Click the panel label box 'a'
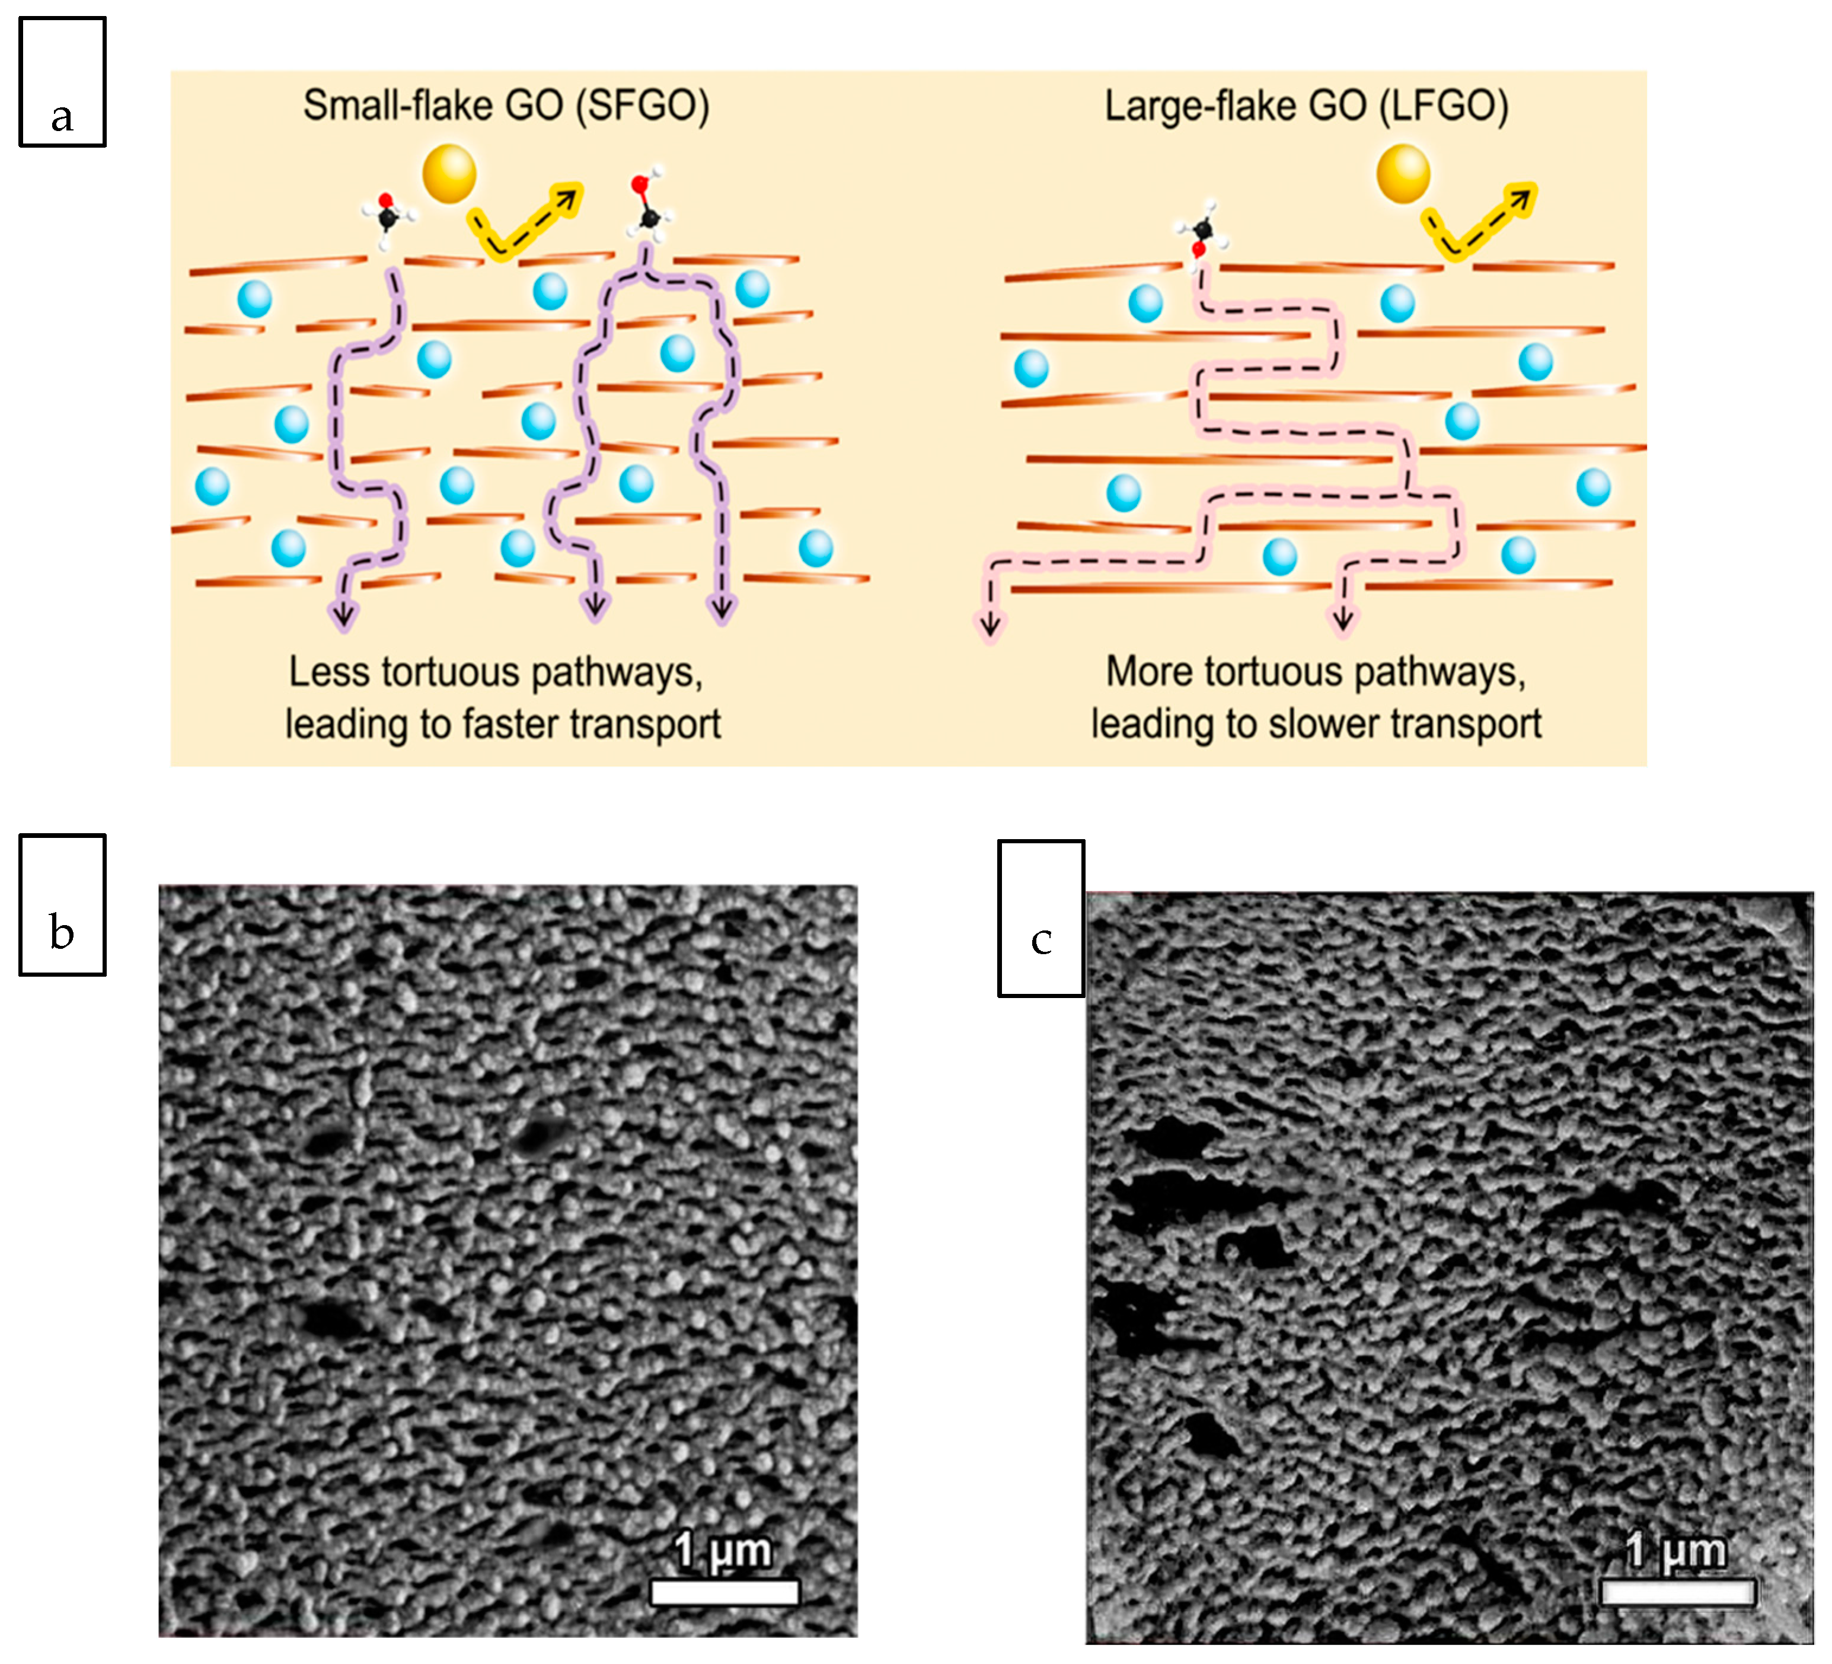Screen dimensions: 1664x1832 coord(62,82)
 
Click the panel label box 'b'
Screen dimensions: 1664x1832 coord(62,904)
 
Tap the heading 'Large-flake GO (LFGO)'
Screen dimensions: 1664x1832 coord(1306,106)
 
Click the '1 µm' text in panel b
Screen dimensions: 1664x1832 coord(723,1550)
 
